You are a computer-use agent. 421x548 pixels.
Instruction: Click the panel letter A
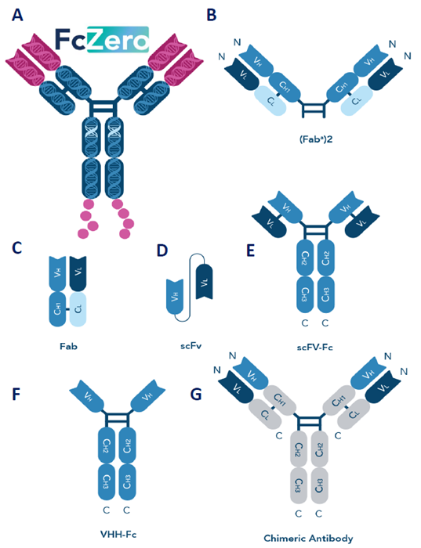(16, 15)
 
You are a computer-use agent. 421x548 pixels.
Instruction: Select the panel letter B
(210, 15)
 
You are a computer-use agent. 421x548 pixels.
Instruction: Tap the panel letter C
(16, 248)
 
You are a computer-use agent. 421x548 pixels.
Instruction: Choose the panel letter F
(16, 391)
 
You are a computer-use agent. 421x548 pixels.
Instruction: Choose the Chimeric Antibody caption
(309, 538)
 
